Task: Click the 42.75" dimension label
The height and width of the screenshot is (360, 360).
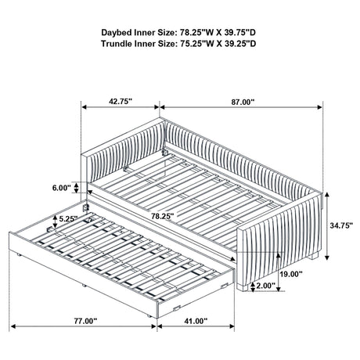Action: (x=121, y=102)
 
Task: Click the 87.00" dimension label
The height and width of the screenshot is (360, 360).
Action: (x=243, y=102)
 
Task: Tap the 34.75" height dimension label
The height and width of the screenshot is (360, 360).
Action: (x=341, y=225)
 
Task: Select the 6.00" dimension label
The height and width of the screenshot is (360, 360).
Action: (x=62, y=188)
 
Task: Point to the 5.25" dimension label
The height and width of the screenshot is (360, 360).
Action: (x=68, y=218)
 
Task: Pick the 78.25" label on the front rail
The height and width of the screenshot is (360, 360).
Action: (x=163, y=216)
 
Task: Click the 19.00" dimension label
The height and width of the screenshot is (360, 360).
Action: (x=291, y=274)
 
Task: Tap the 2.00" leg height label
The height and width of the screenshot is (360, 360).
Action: (x=266, y=286)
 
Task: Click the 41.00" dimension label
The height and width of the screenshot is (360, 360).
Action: (x=196, y=321)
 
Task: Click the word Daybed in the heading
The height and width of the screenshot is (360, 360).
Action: (x=117, y=33)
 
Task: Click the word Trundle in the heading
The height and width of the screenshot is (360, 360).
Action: (x=117, y=44)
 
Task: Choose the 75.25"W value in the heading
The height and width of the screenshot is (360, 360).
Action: (x=197, y=44)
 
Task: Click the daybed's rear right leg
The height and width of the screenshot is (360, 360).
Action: (x=314, y=255)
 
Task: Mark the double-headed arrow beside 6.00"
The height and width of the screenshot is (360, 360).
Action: (x=76, y=188)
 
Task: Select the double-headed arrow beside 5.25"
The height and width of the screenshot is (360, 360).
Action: (x=55, y=221)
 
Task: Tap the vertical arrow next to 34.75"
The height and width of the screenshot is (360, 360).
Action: (x=327, y=226)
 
